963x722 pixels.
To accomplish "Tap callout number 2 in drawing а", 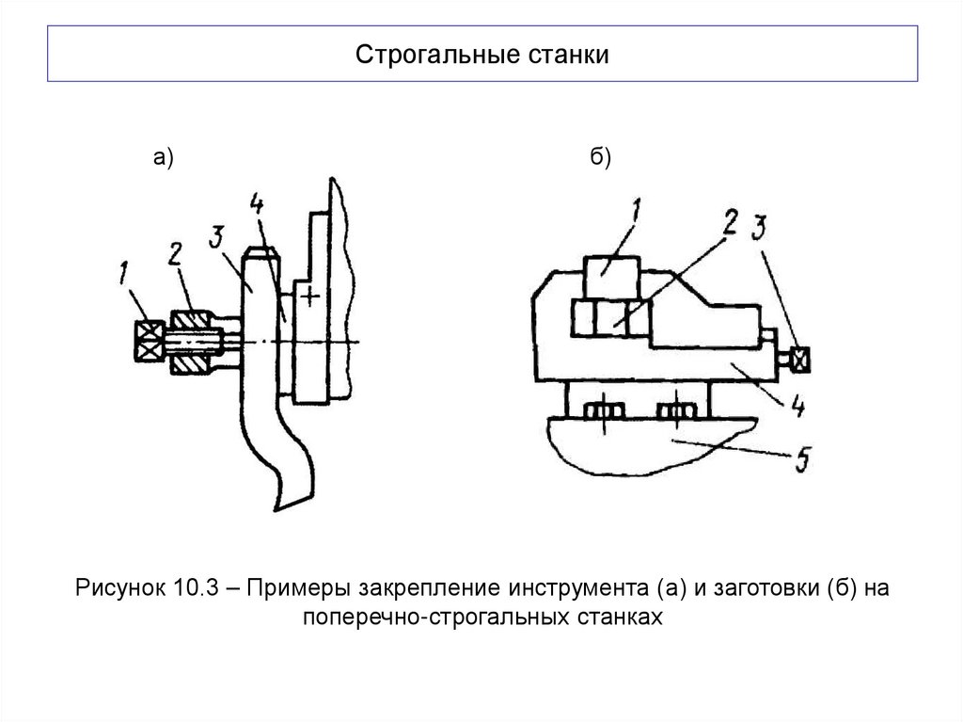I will coord(175,253).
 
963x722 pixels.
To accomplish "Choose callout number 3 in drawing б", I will coord(761,229).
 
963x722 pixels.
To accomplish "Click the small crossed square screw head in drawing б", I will coord(801,359).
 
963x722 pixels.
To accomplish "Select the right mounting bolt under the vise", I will coord(673,411).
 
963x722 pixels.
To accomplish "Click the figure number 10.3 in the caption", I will coord(196,589).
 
